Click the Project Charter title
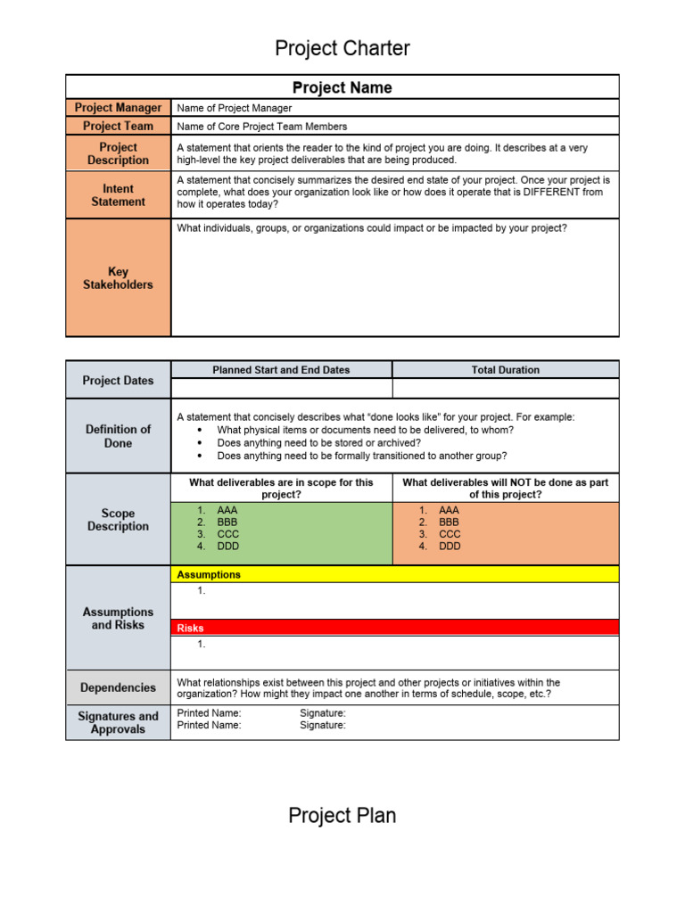tap(342, 48)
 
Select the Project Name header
tap(342, 87)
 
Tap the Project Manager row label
tap(118, 108)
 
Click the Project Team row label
tap(118, 127)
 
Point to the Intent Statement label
tap(118, 195)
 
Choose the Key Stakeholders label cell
tap(118, 278)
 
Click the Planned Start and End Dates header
tap(281, 370)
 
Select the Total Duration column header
tap(505, 370)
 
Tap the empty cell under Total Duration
tap(505, 389)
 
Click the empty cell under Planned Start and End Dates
tap(281, 389)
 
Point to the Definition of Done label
tap(118, 436)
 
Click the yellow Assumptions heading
tap(209, 575)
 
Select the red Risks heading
tap(190, 629)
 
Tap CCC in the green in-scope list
tap(227, 534)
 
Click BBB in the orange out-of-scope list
tap(450, 522)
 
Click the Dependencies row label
tap(118, 688)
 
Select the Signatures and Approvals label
tap(118, 723)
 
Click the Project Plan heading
tap(342, 815)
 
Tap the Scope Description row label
tap(118, 520)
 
